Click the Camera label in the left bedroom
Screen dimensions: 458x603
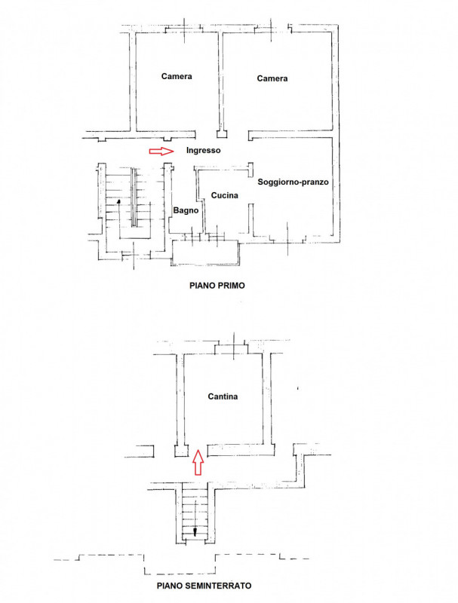pyautogui.click(x=177, y=76)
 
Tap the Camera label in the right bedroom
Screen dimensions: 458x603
pyautogui.click(x=272, y=78)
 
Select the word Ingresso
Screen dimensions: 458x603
pyautogui.click(x=203, y=150)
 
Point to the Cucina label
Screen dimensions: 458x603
pyautogui.click(x=224, y=195)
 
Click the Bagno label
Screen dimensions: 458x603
pyautogui.click(x=186, y=210)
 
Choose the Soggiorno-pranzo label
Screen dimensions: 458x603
pyautogui.click(x=293, y=182)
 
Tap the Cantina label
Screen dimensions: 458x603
pyautogui.click(x=223, y=396)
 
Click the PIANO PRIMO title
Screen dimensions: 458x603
pyautogui.click(x=217, y=286)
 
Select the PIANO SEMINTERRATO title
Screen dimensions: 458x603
pyautogui.click(x=204, y=586)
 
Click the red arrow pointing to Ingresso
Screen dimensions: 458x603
pyautogui.click(x=161, y=152)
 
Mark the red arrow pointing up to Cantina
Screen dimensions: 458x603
pyautogui.click(x=198, y=462)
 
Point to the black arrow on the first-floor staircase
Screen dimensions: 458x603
pyautogui.click(x=118, y=219)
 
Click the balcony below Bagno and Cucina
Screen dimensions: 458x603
pyautogui.click(x=205, y=253)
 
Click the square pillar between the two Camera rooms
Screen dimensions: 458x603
pyautogui.click(x=222, y=134)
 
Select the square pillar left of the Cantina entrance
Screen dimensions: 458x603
pyautogui.click(x=181, y=451)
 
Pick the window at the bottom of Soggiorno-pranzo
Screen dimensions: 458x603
pyautogui.click(x=287, y=238)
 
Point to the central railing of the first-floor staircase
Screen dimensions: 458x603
pyautogui.click(x=134, y=197)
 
